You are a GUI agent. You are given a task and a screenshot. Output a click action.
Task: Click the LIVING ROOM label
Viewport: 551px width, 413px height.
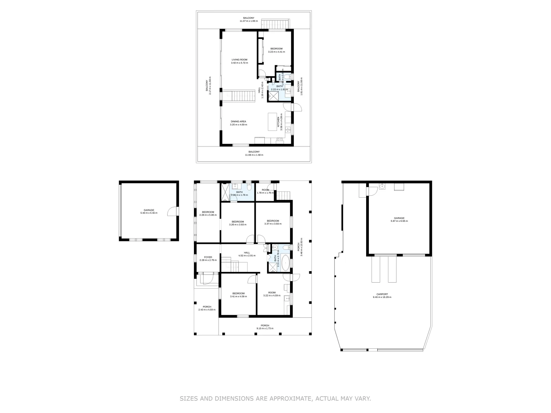click(239, 60)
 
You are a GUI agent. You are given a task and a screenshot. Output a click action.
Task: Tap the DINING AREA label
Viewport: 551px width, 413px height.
click(238, 121)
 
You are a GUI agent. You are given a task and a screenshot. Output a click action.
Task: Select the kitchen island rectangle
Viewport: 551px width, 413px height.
click(272, 121)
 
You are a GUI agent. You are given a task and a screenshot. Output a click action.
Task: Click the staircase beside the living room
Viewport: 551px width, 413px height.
click(239, 96)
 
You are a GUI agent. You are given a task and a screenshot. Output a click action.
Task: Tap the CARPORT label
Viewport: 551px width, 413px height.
click(382, 294)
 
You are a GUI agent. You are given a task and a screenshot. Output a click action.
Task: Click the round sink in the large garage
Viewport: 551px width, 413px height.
click(382, 187)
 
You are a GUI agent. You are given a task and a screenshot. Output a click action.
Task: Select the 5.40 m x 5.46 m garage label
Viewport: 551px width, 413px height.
click(149, 211)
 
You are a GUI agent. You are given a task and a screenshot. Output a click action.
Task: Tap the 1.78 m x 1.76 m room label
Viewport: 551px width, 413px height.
click(265, 191)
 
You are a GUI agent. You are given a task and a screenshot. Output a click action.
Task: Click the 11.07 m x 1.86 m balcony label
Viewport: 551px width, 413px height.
click(249, 20)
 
